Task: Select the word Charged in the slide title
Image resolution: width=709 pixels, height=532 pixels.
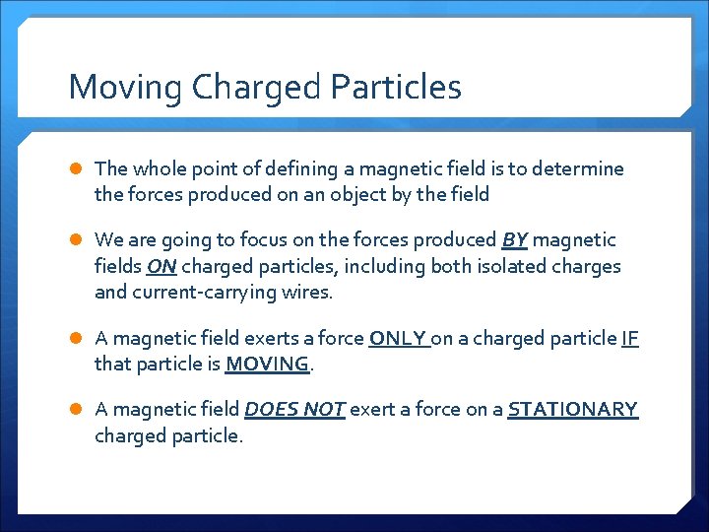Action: click(258, 88)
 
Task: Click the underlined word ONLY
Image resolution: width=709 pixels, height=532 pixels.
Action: click(398, 338)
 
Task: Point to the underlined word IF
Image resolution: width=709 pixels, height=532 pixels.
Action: click(630, 338)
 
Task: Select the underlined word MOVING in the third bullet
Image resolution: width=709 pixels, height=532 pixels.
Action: click(267, 364)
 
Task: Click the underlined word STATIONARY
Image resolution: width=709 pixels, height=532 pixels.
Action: click(572, 409)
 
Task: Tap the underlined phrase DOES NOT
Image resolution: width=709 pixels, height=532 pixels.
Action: click(293, 409)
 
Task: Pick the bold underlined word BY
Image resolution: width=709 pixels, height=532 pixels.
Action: click(514, 239)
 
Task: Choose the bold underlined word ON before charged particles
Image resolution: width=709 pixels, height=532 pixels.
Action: click(161, 266)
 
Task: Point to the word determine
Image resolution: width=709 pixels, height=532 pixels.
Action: click(576, 168)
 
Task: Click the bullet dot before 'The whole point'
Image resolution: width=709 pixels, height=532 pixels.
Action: click(76, 169)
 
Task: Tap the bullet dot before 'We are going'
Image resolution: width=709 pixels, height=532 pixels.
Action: click(76, 240)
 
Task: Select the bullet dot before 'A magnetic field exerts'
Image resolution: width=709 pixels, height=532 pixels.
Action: click(76, 339)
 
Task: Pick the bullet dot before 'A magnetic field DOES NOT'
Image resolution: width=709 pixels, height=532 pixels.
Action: click(76, 410)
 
